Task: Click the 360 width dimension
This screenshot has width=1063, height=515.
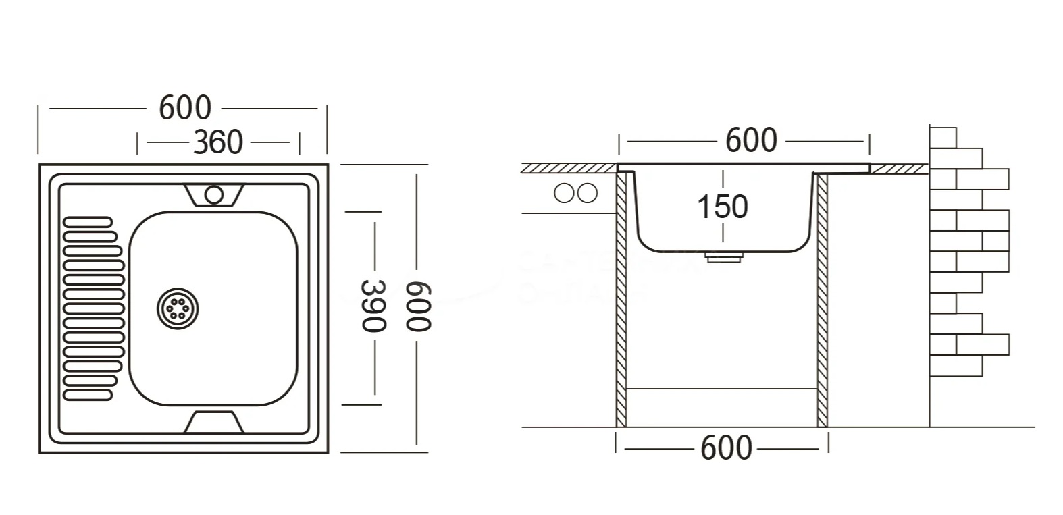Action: tap(217, 142)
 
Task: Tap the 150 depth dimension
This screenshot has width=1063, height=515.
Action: tap(723, 207)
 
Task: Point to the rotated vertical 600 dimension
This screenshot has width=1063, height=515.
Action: tap(417, 307)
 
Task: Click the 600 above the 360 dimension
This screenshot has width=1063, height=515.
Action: tap(185, 107)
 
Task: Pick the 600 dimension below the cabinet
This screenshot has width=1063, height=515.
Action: tap(726, 448)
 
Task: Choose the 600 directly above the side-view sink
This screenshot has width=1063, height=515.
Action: tap(751, 140)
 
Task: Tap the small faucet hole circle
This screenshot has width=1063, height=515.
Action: tap(214, 195)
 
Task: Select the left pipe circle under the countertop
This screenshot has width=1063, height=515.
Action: tap(563, 193)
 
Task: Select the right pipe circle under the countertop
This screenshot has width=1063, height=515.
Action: tap(588, 193)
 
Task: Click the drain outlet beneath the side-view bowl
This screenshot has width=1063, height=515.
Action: tap(723, 257)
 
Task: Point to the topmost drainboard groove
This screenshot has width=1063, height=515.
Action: tap(88, 221)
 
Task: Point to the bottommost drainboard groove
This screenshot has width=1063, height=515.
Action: tap(88, 394)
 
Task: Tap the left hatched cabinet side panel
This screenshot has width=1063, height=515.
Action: tap(621, 300)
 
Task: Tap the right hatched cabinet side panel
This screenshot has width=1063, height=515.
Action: tap(822, 300)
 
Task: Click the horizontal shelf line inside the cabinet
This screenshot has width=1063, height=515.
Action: tap(722, 389)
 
